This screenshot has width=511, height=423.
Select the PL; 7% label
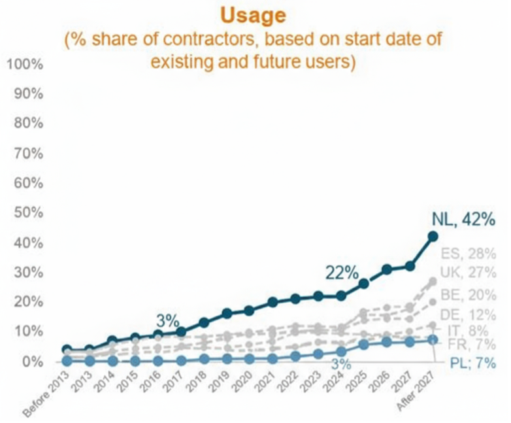(471, 363)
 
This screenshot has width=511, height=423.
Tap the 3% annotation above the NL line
(167, 320)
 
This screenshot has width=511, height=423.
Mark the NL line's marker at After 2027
(433, 237)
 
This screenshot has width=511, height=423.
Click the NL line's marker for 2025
(364, 284)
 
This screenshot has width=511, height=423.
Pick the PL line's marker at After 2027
(433, 340)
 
